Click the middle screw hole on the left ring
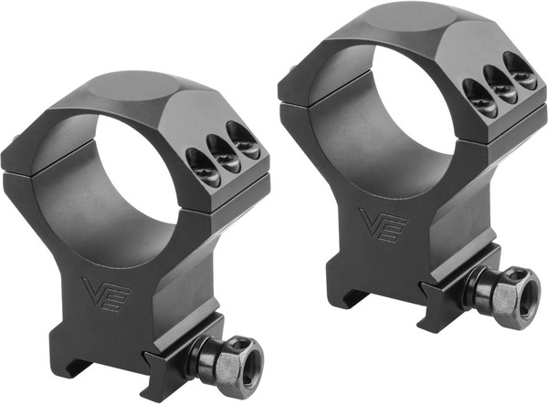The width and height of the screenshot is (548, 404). (x=223, y=151)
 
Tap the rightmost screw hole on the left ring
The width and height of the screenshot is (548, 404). (x=243, y=138)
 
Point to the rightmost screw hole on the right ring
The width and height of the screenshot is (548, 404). (x=522, y=69)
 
